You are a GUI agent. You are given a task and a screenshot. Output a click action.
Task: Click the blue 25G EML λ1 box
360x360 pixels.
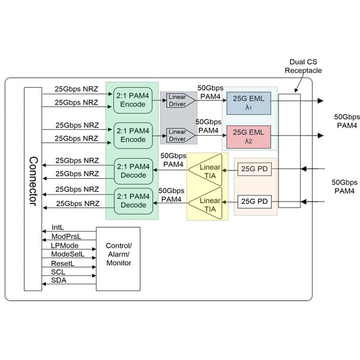point(249,103)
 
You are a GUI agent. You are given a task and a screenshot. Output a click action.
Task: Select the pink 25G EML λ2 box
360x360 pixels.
point(249,137)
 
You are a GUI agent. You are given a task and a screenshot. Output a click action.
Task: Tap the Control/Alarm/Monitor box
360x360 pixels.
point(118,258)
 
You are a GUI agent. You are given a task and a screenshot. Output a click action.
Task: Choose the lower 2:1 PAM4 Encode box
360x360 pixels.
point(133,135)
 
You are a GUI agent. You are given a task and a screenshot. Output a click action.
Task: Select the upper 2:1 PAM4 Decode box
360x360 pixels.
point(133,170)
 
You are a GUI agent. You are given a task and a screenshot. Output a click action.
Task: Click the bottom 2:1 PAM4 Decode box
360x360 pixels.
point(133,200)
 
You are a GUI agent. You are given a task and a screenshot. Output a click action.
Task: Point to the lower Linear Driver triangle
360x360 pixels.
point(176,136)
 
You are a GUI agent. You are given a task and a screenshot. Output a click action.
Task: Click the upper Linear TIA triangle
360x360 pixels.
point(207,169)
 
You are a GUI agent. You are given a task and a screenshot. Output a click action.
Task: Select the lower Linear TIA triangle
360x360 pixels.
point(207,203)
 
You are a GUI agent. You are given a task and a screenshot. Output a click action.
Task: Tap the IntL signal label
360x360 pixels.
point(58,227)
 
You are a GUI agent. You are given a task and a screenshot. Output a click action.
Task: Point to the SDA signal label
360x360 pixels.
point(59,280)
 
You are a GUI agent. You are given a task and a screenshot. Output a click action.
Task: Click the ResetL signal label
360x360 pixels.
point(62,263)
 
